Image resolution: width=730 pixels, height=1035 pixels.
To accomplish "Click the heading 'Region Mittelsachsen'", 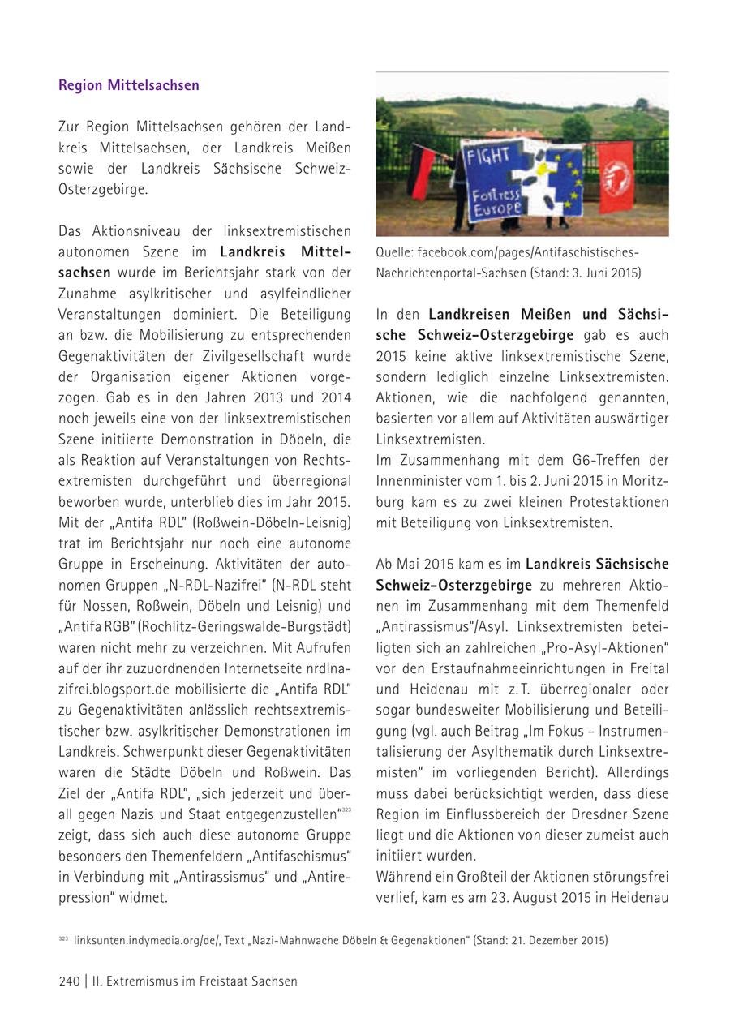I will tap(128, 85).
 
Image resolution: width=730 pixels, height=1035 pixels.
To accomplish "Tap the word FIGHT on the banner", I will tap(488, 155).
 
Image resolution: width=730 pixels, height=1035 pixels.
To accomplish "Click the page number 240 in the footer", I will tap(69, 981).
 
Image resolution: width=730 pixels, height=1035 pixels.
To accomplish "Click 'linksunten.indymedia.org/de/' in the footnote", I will tap(135, 940).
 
